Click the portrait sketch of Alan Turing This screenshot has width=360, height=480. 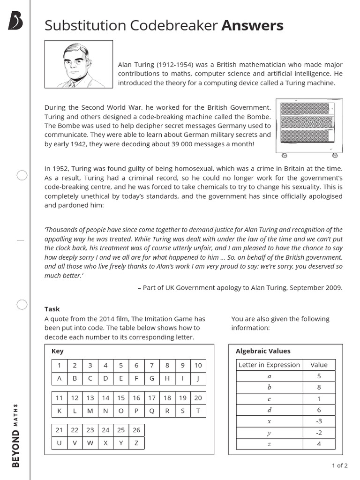coord(78,64)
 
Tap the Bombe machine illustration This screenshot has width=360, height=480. coord(309,127)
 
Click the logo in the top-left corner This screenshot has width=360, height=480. coord(15,21)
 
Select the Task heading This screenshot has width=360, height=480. coord(52,309)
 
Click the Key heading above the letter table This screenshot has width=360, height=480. coord(57,351)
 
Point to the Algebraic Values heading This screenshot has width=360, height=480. coord(262,351)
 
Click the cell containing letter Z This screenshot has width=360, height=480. coord(136,443)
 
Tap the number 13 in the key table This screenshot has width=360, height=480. coord(90,397)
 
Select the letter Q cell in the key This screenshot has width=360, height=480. coord(151,411)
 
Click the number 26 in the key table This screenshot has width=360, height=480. coord(136,430)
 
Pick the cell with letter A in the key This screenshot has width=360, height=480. coord(60,378)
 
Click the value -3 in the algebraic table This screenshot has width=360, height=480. coord(319,421)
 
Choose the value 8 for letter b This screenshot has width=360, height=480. coord(319,387)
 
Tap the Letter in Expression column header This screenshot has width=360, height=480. coord(269,365)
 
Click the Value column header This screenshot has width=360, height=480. coord(319,365)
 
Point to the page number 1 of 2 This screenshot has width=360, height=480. coord(339,465)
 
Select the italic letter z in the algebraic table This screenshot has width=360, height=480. coord(269,444)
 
